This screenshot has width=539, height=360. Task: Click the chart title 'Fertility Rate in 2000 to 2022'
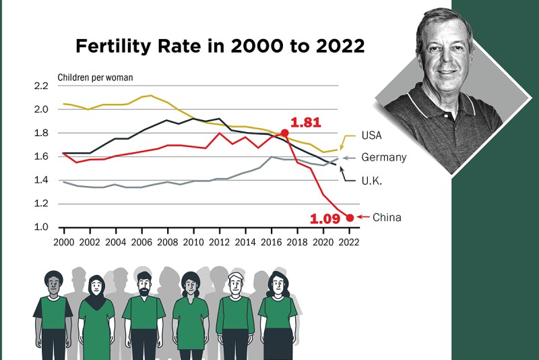click(x=220, y=46)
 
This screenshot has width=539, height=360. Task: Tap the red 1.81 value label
click(x=306, y=123)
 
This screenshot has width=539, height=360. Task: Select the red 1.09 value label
click(x=325, y=218)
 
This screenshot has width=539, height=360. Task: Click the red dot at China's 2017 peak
click(x=284, y=133)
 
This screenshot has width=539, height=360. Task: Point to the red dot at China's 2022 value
click(x=350, y=218)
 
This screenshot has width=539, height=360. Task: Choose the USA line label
click(x=372, y=136)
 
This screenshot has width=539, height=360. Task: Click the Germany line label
click(x=384, y=158)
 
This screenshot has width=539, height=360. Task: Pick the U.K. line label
click(x=372, y=181)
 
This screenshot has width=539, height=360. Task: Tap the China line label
click(x=387, y=217)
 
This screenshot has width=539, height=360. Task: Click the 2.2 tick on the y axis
click(x=41, y=86)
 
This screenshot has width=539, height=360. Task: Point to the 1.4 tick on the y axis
click(x=41, y=180)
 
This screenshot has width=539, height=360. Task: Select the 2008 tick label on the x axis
click(x=167, y=243)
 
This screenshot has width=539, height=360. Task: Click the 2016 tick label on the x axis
click(x=272, y=243)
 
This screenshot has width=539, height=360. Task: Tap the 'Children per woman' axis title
click(x=95, y=78)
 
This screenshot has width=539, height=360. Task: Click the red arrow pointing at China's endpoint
click(x=363, y=216)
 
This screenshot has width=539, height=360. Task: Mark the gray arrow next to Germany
click(x=348, y=158)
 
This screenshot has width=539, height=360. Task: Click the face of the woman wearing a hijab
click(x=96, y=285)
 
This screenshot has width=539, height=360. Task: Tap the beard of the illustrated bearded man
click(x=144, y=291)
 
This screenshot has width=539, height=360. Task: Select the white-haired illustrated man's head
click(x=236, y=283)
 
